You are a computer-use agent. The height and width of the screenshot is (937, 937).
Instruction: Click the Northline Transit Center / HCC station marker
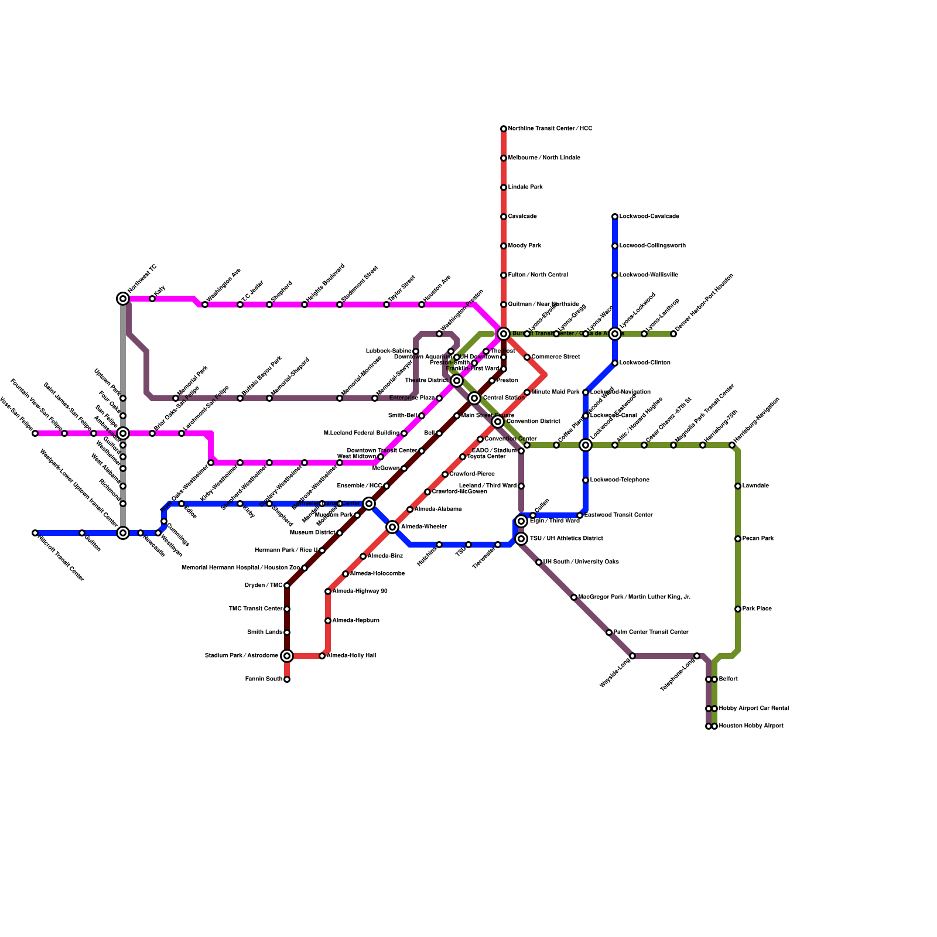504,129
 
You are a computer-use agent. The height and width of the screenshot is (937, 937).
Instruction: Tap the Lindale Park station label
525,187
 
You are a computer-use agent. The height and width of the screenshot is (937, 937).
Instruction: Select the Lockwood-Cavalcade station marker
615,217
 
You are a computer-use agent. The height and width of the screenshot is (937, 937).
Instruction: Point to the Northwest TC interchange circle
123,299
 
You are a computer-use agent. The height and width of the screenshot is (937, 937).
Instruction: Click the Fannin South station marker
287,679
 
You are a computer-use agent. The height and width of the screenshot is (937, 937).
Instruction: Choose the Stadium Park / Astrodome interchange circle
287,656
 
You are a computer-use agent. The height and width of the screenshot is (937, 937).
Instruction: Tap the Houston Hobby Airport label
751,726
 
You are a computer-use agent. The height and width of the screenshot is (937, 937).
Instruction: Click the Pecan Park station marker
738,539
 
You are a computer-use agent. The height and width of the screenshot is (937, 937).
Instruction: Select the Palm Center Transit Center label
651,632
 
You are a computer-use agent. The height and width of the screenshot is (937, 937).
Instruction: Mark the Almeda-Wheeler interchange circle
393,527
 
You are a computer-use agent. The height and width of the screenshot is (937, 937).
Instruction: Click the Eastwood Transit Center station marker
580,515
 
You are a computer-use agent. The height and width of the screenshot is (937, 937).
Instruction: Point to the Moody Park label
524,246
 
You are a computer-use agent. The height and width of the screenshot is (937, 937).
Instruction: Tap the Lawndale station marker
738,486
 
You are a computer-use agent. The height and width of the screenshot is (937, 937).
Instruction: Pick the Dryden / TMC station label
264,586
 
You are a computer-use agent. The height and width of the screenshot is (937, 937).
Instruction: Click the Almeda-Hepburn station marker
328,621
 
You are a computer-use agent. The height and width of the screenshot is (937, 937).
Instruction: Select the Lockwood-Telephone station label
620,480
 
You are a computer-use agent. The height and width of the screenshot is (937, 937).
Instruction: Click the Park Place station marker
738,609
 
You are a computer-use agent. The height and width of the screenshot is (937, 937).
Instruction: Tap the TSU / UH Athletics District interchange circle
522,539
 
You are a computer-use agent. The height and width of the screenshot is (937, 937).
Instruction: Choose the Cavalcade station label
522,217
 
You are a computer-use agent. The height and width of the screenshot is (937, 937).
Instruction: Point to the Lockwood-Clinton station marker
615,363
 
